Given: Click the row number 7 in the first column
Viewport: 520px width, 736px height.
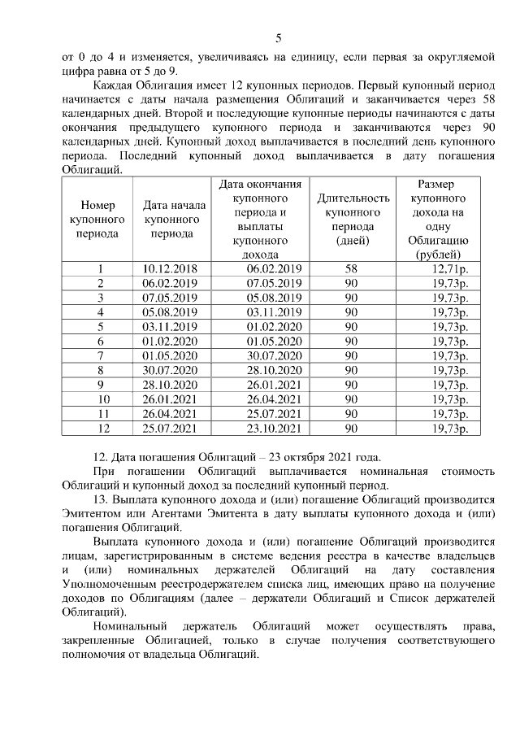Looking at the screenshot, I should pyautogui.click(x=100, y=355).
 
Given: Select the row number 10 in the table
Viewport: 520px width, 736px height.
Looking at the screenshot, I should pyautogui.click(x=100, y=399).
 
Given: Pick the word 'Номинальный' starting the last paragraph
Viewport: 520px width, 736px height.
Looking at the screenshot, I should pyautogui.click(x=130, y=626).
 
